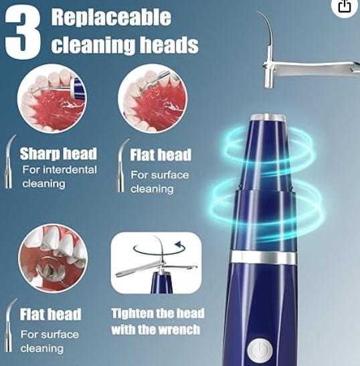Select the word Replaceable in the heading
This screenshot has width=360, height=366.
point(111,17)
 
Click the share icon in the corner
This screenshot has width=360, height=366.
point(345,6)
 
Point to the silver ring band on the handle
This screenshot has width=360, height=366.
point(264,258)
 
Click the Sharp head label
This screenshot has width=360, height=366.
point(58,154)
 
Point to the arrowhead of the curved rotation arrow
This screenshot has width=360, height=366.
point(179,245)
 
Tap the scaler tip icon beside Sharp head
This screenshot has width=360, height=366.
point(9,161)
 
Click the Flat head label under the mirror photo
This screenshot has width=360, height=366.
point(50,314)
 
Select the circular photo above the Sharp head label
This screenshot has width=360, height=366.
point(52,98)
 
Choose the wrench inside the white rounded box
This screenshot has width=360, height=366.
point(157,268)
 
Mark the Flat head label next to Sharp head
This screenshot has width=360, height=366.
point(161,155)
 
